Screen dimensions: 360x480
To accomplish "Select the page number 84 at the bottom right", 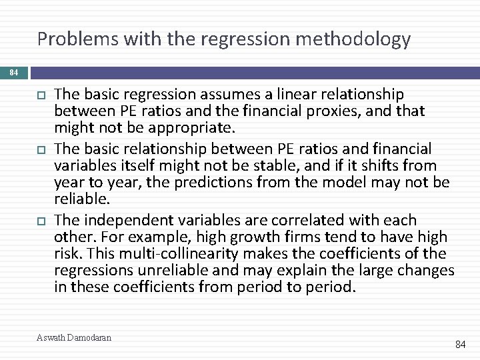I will (460, 345).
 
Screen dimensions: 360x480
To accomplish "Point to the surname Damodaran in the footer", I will (89, 337).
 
